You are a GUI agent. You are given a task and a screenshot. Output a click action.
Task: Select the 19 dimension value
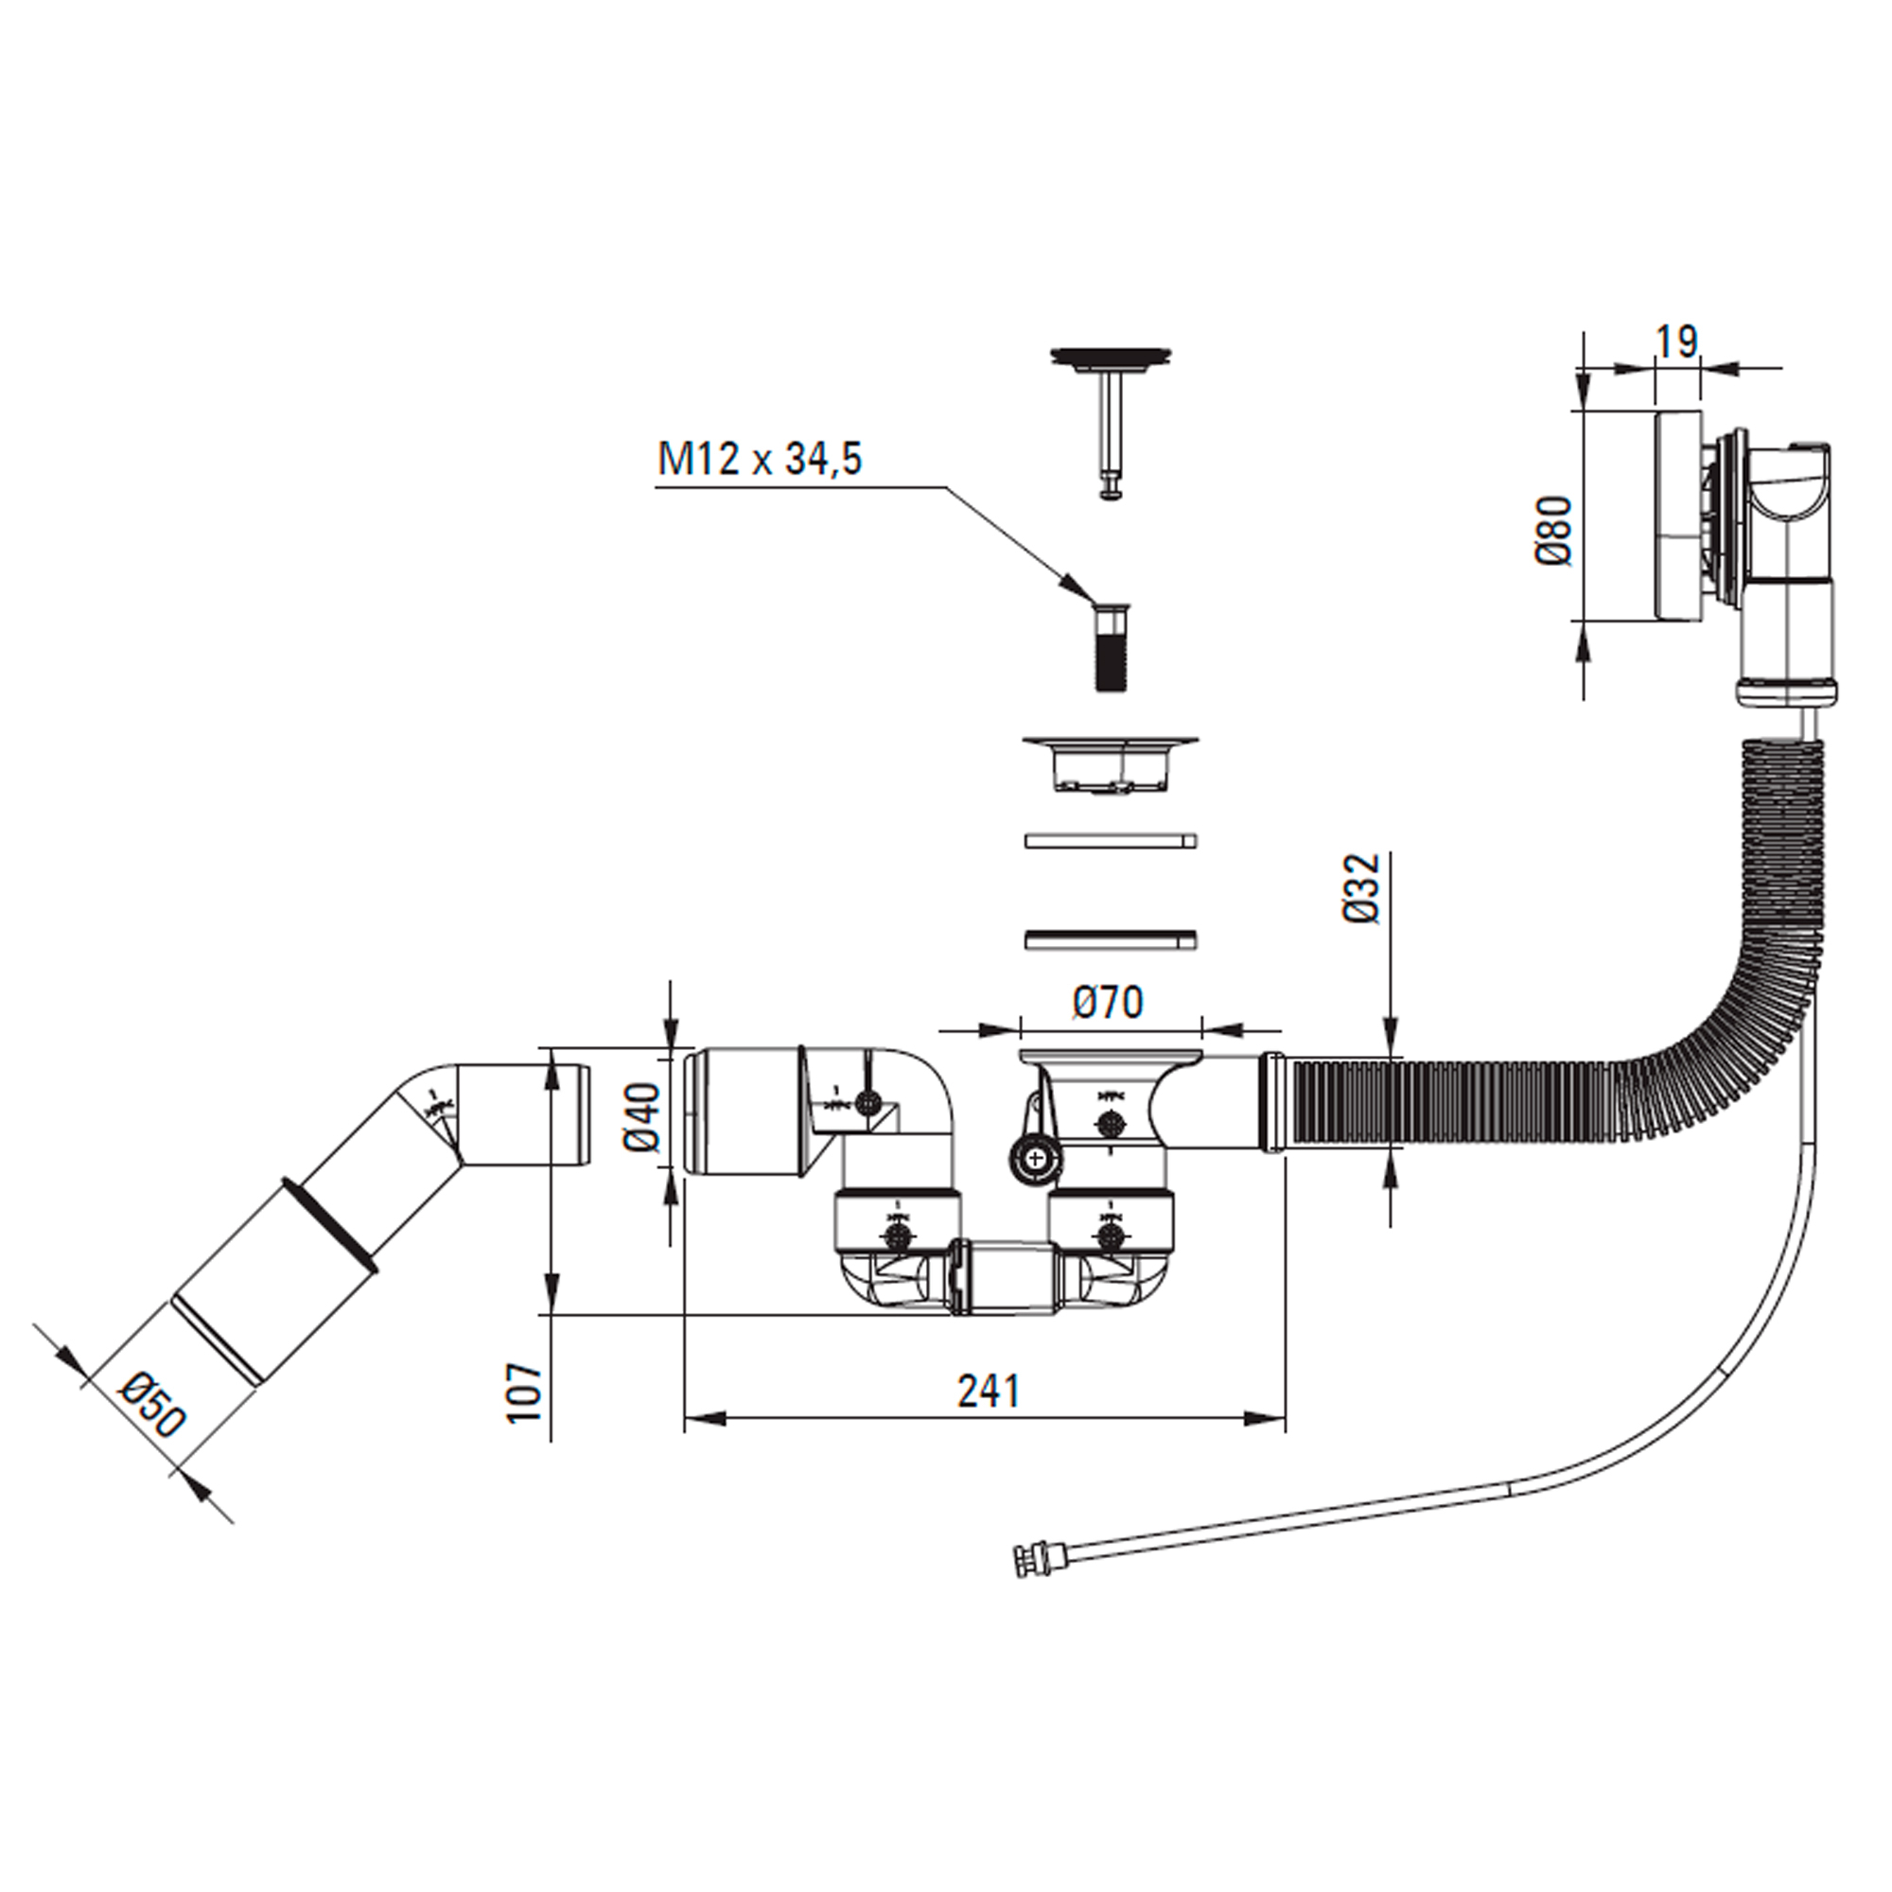(1675, 342)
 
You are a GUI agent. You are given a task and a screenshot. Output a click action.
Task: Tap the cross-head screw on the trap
(1035, 1162)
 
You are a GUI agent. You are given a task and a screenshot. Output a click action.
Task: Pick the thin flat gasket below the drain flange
(1111, 840)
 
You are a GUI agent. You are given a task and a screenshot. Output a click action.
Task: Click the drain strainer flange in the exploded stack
(1110, 764)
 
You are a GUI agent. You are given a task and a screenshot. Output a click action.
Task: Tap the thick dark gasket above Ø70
(1111, 939)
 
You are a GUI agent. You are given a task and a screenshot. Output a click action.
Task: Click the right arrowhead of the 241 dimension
(1263, 1418)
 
